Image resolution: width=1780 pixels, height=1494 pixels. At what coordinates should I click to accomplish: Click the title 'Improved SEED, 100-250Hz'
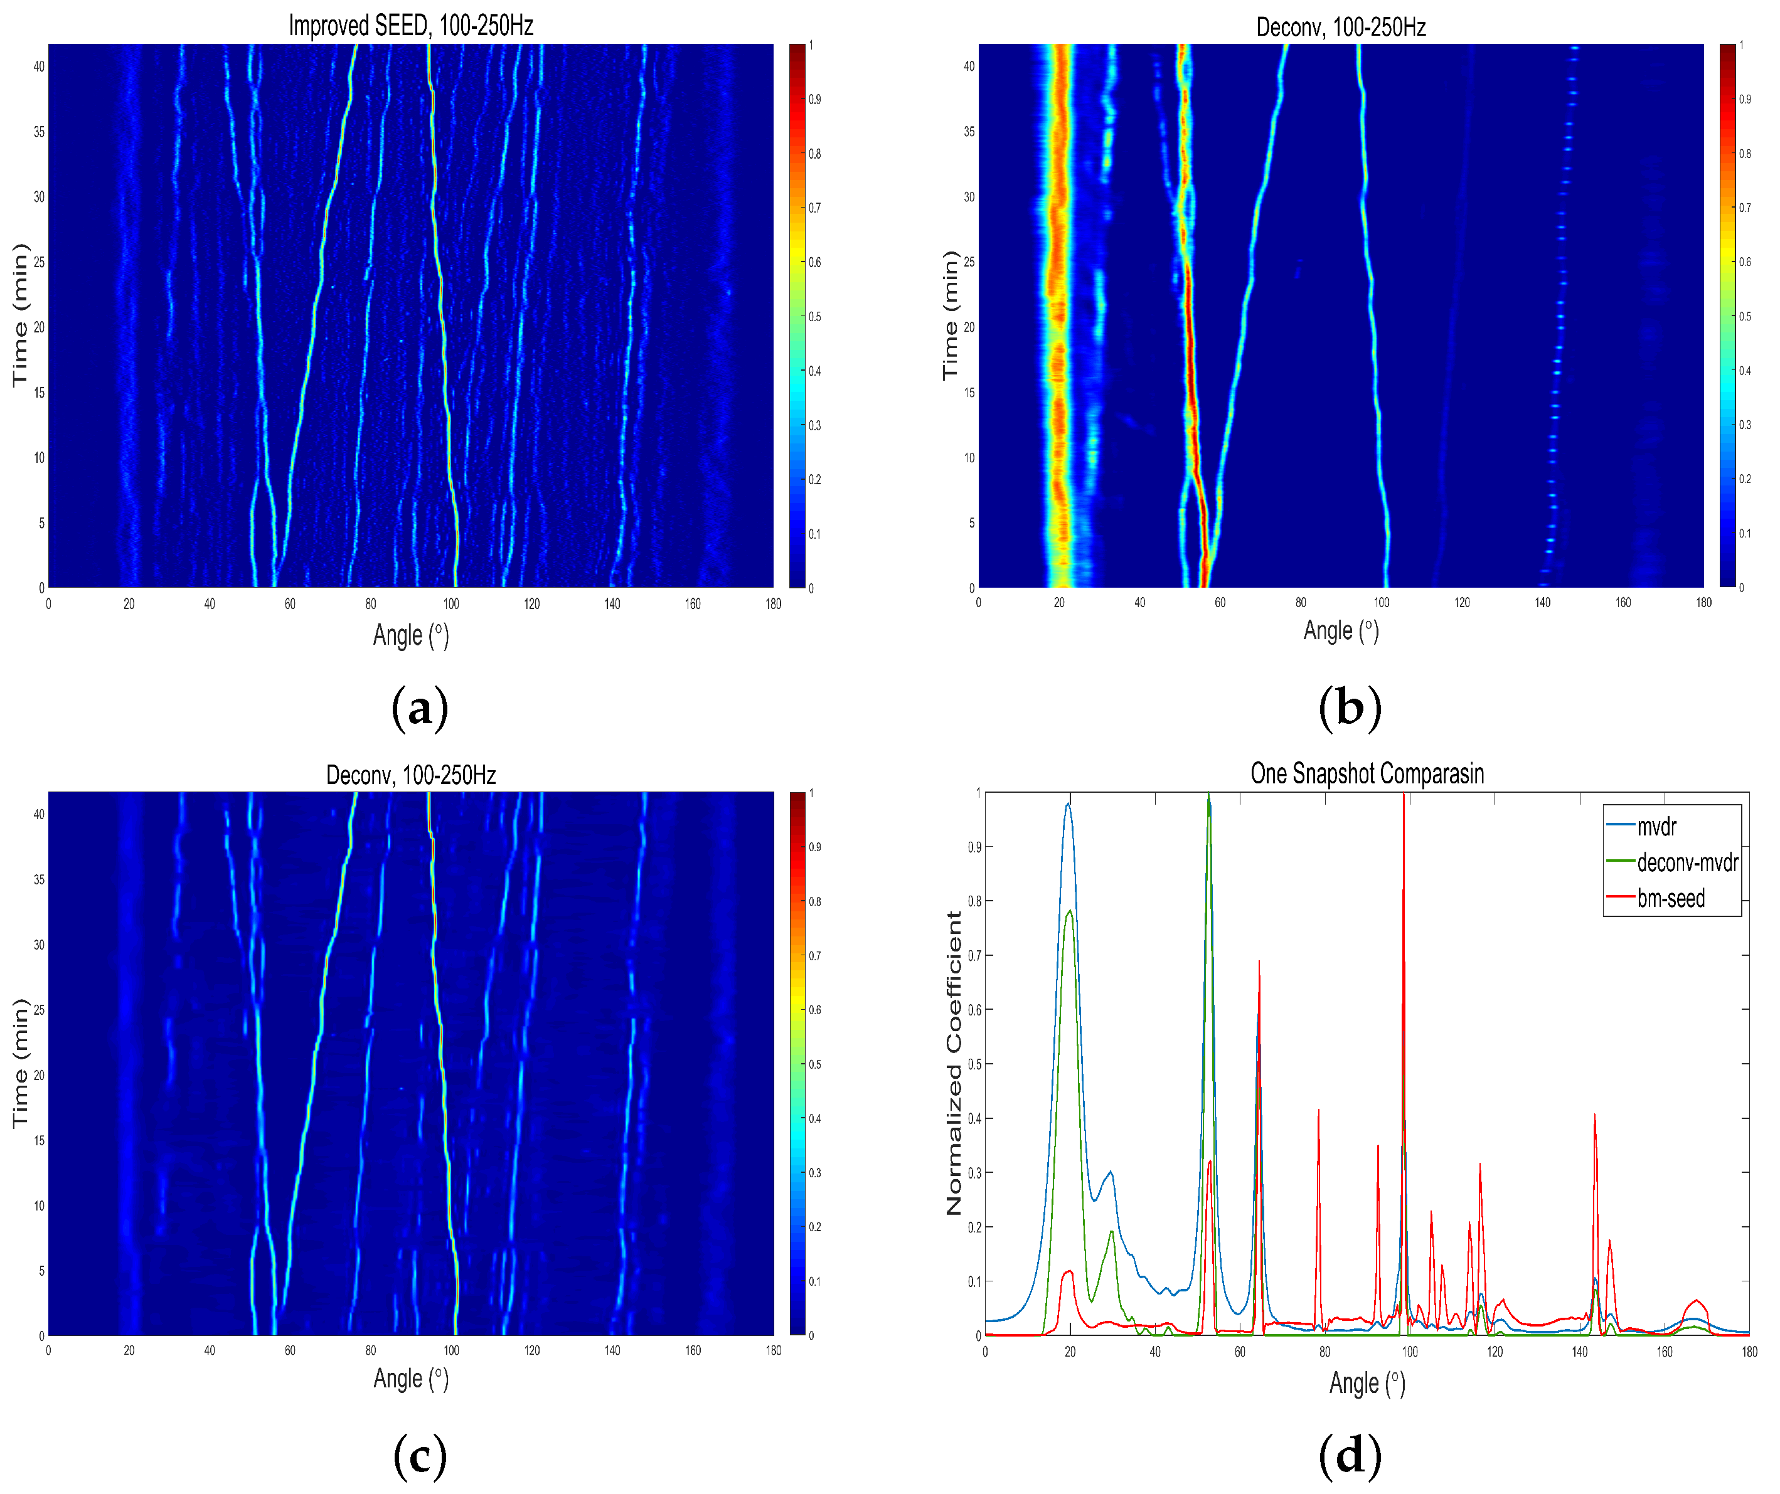[x=411, y=26]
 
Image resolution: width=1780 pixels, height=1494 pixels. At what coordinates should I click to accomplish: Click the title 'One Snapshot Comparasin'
[x=1367, y=774]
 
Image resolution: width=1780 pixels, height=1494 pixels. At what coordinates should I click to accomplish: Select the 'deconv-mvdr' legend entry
[x=1687, y=862]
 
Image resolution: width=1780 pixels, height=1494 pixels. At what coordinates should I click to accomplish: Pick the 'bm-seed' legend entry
[x=1670, y=898]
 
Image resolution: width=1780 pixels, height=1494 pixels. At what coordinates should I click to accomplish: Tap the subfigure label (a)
[x=420, y=707]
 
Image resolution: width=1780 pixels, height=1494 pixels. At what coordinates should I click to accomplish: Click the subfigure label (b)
[x=1350, y=707]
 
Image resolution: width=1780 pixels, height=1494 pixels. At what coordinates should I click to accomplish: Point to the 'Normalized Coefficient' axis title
[x=954, y=1064]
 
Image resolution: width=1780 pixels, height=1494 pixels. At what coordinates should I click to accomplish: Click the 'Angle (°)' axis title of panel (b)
[x=1341, y=630]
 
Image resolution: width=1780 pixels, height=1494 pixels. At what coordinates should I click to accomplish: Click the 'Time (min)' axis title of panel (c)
[x=20, y=1064]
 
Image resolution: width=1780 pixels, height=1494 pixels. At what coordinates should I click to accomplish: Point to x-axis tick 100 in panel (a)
[x=451, y=604]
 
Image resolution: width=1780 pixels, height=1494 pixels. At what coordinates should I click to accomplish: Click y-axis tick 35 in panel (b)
[x=969, y=131]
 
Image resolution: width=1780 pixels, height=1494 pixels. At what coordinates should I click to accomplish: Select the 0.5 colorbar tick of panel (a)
[x=814, y=317]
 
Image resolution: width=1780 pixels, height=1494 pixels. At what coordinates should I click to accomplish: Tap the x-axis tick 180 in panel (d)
[x=1749, y=1352]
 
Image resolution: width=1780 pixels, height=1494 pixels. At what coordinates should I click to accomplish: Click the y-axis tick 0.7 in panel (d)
[x=975, y=956]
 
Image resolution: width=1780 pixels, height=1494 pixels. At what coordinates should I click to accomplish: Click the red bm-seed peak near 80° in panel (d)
[x=1319, y=1110]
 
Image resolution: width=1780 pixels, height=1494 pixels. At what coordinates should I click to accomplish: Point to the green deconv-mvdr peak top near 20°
[x=1070, y=911]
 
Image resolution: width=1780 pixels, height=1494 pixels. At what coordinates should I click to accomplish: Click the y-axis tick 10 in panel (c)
[x=39, y=1206]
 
